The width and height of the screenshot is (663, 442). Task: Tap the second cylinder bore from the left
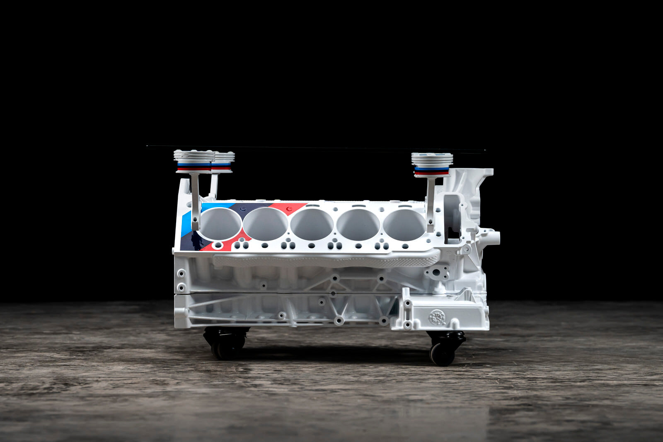coord(265,224)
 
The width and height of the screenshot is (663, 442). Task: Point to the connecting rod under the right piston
coord(431,203)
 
